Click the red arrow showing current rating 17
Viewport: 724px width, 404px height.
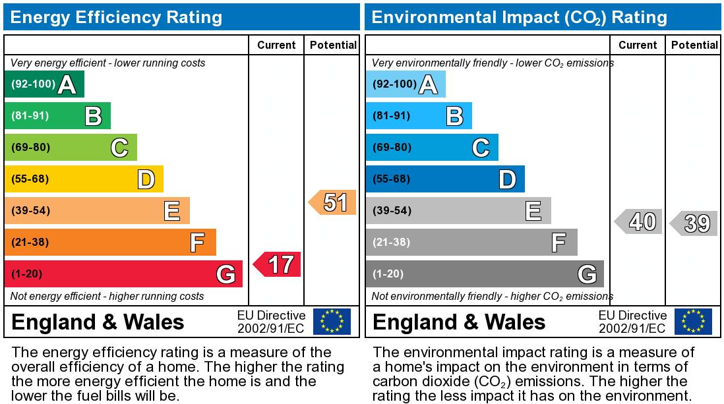(278, 264)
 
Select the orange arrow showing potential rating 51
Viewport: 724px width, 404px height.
(333, 202)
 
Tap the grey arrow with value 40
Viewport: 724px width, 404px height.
(638, 221)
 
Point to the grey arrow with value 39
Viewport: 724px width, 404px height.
(694, 223)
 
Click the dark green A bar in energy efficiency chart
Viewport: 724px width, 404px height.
(44, 84)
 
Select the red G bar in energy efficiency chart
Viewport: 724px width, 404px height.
(123, 274)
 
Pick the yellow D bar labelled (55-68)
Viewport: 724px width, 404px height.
(84, 179)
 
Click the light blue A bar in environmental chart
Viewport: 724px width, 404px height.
(405, 84)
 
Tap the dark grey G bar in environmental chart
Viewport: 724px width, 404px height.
(484, 274)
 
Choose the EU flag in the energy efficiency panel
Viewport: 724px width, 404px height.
(332, 322)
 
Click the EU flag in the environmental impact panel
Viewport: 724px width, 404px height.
(693, 322)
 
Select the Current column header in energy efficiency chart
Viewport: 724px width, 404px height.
(276, 45)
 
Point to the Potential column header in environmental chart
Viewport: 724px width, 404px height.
(694, 45)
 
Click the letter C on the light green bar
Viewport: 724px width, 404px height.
(119, 148)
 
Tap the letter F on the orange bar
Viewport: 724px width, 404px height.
(197, 243)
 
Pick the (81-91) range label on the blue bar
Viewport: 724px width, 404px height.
(392, 116)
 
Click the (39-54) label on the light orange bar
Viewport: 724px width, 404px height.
(30, 211)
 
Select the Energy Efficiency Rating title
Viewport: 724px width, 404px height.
(117, 17)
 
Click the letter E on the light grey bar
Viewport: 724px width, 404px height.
(533, 211)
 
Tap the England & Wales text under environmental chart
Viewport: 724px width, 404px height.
(459, 322)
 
